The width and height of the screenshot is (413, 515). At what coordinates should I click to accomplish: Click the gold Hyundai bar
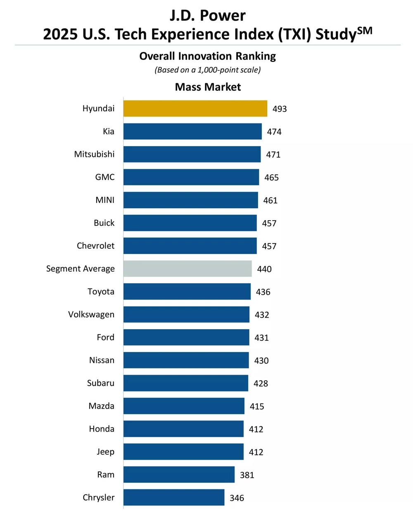coord(195,109)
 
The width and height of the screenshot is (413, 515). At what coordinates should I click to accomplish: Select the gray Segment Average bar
coord(188,269)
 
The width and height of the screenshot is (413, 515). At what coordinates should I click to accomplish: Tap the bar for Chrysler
coord(174,498)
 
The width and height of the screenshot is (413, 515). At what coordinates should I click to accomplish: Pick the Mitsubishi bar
coord(192,154)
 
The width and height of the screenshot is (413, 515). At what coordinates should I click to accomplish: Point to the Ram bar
coord(179,475)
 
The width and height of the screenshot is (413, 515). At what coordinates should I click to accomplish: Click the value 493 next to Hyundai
coord(280,109)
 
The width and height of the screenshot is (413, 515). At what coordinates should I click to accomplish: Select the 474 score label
coord(274,132)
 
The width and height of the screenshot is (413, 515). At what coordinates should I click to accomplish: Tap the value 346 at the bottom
coord(237,498)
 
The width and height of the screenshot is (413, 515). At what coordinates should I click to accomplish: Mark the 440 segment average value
coord(264,269)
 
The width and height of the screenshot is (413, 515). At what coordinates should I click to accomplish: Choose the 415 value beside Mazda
coord(257,406)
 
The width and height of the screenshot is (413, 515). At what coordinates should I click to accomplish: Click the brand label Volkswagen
coord(91,315)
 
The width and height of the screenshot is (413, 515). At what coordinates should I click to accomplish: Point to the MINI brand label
coord(105,200)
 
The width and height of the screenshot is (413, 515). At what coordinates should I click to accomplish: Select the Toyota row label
coord(101,292)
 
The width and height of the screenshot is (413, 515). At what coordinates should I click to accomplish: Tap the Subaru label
coord(101,383)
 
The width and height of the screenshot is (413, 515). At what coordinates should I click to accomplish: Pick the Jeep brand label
coord(106,452)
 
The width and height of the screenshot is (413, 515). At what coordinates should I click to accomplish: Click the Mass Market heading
coord(208,87)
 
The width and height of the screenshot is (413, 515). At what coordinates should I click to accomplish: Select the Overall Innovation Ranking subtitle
coord(207,56)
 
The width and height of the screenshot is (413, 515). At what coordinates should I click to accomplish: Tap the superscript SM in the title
coord(364,30)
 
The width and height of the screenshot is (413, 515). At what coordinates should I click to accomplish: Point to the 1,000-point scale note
coord(207,70)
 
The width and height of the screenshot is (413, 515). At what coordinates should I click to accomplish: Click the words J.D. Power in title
coord(207,16)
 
